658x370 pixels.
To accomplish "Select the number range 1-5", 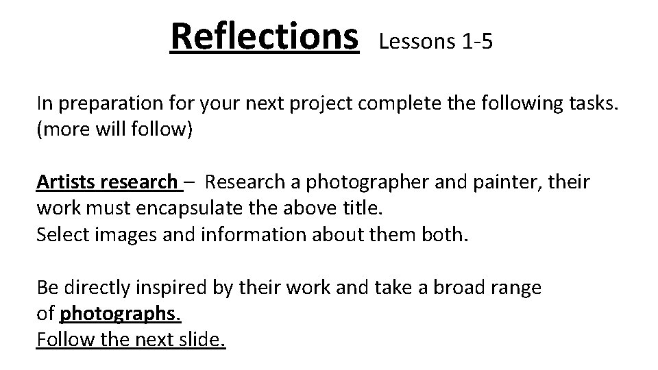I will click(x=477, y=42).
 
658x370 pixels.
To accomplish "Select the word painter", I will click(x=485, y=183).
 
